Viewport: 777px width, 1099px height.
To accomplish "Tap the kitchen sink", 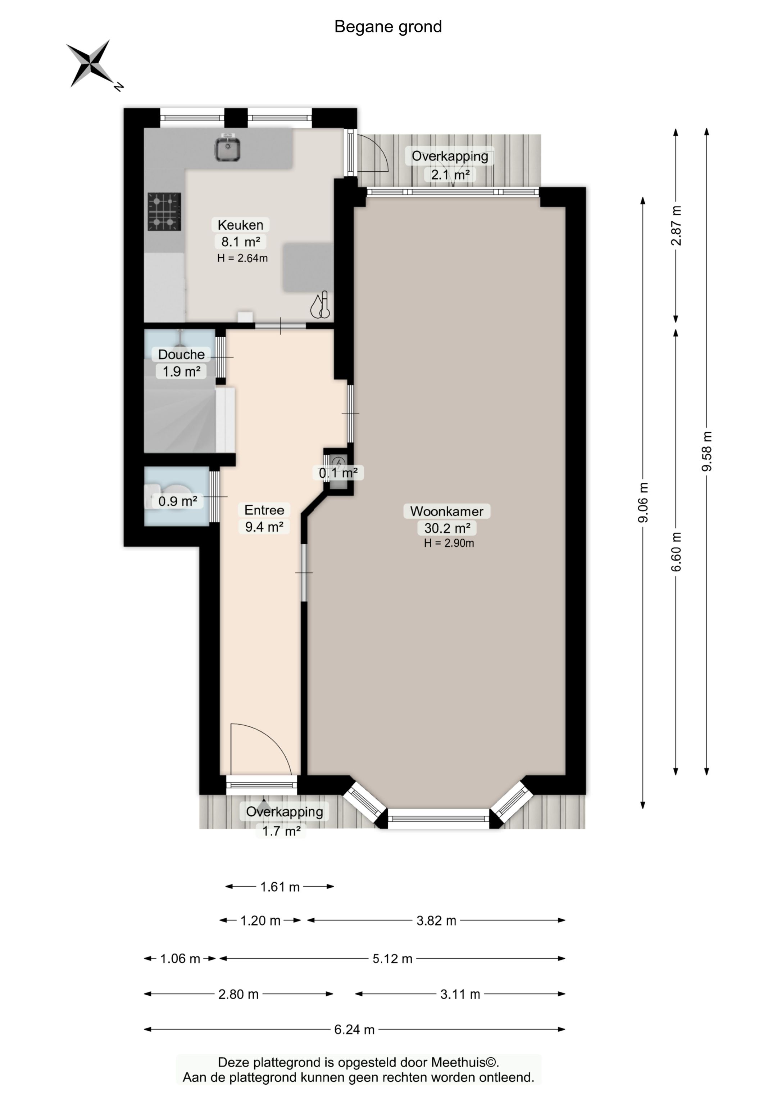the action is click(227, 148).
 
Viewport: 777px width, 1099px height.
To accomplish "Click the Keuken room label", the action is click(240, 225).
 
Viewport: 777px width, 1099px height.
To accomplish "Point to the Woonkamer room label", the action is click(447, 511).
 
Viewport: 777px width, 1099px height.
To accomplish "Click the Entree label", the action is click(264, 510).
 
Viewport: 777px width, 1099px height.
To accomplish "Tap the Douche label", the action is click(181, 354).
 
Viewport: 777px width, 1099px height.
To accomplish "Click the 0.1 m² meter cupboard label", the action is click(338, 473).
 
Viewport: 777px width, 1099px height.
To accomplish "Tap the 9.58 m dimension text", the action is click(706, 451).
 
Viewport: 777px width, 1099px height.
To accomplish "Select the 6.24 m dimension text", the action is click(354, 1030).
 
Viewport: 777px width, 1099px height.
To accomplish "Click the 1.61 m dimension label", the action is click(280, 887).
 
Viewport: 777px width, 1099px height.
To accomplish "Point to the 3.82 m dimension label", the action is click(436, 920).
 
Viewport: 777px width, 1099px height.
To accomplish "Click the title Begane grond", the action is click(388, 27).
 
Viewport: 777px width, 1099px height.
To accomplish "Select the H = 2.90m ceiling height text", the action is click(449, 543).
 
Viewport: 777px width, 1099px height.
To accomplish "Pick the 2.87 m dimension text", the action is click(676, 225).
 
